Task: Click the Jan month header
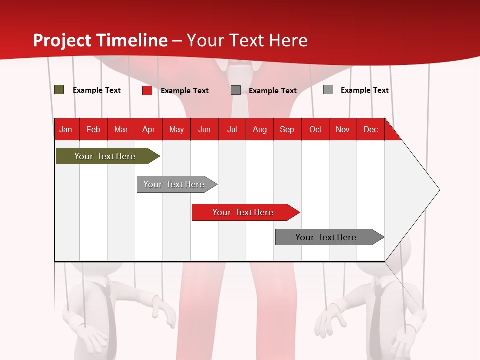click(66, 129)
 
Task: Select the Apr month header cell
click(149, 129)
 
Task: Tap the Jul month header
click(232, 129)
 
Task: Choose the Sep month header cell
click(287, 129)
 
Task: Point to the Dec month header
click(370, 129)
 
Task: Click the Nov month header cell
click(343, 129)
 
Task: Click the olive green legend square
click(59, 90)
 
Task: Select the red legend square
click(147, 90)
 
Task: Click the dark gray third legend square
click(236, 90)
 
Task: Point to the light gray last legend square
click(328, 90)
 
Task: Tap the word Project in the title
click(62, 40)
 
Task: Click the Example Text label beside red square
click(185, 91)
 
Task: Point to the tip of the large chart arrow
click(439, 189)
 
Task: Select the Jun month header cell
click(204, 129)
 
